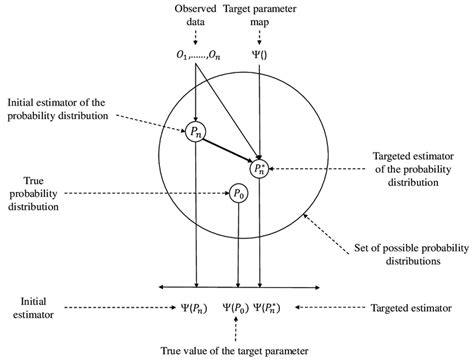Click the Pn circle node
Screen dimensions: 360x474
(x=197, y=131)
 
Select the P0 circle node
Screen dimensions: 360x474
(x=237, y=194)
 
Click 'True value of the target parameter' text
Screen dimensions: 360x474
(x=236, y=350)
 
